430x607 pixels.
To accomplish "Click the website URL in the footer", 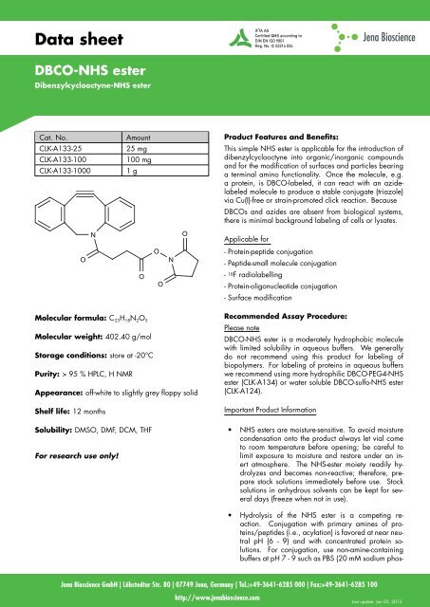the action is tap(214, 599).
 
